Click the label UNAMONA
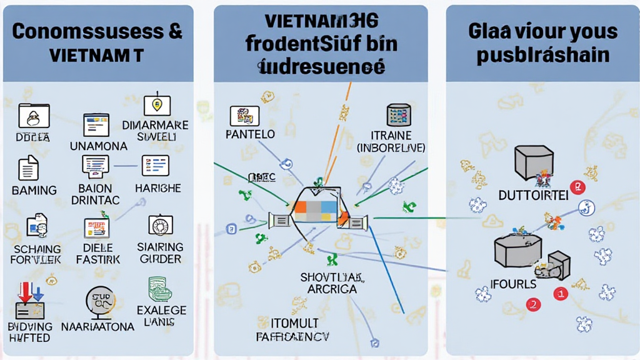(x=99, y=146)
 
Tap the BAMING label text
(x=34, y=190)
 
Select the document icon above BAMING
(x=29, y=167)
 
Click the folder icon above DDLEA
(x=34, y=116)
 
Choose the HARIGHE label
(x=158, y=188)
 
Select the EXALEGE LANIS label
(x=161, y=316)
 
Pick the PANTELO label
(x=251, y=134)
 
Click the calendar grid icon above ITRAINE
(x=398, y=116)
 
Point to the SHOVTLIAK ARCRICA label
(x=332, y=283)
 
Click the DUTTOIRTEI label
(x=533, y=196)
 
